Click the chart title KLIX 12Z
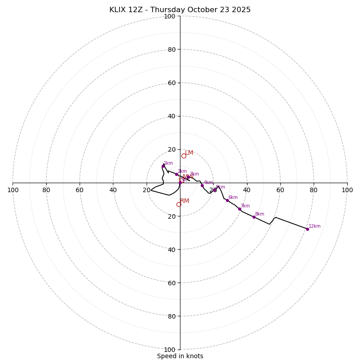(180, 10)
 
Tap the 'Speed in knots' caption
(180, 356)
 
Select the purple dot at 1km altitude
(163, 166)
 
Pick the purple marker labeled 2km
(176, 174)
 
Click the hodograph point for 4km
(202, 185)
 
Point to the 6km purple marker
(227, 200)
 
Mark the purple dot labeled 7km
(239, 209)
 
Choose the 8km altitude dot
(254, 217)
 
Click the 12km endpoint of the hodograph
(307, 229)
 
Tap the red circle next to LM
(184, 156)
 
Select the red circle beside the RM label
(179, 204)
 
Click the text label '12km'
(315, 226)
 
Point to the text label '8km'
(260, 214)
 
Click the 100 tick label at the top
(170, 16)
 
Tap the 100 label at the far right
(347, 190)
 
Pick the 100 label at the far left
(13, 190)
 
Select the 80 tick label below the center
(171, 316)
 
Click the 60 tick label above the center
(171, 83)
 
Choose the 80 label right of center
(314, 190)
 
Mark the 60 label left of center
(80, 190)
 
